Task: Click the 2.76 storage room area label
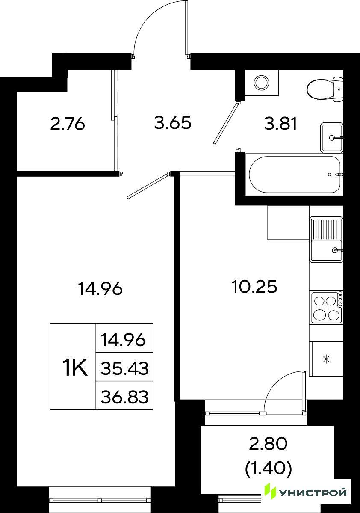point(68,125)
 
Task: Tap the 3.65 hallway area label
point(173,123)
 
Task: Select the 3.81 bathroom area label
point(281,125)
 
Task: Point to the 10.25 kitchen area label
point(254,287)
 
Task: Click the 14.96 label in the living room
point(100,289)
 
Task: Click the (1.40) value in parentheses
point(268,461)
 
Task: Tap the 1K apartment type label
point(75,368)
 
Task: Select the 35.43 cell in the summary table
point(124,369)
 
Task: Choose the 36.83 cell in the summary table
point(124,397)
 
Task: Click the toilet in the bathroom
point(326,88)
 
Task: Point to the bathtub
point(295,175)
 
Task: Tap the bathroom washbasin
point(331,137)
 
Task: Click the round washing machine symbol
point(262,83)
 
